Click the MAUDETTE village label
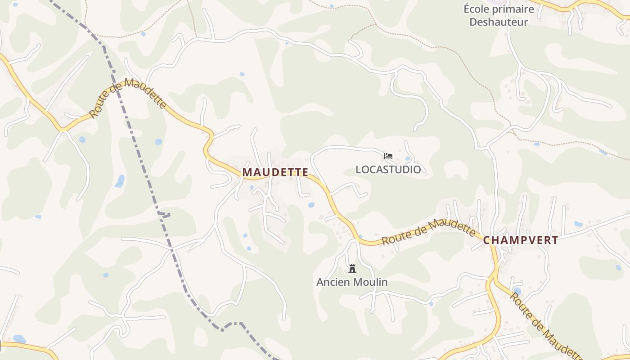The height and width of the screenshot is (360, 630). (275, 172)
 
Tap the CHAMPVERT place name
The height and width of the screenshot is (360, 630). (521, 240)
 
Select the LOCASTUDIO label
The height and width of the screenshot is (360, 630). (388, 170)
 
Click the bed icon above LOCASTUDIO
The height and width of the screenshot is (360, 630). (388, 156)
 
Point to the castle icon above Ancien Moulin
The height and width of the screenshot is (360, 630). (352, 269)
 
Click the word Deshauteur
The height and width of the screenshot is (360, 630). (499, 22)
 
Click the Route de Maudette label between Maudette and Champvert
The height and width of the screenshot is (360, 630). (428, 231)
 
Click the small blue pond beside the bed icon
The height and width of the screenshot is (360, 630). (407, 159)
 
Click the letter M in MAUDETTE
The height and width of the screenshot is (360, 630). (247, 172)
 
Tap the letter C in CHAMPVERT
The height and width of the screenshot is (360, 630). (487, 240)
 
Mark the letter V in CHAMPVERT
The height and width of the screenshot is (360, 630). (527, 240)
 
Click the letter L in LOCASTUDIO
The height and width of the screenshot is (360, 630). (358, 170)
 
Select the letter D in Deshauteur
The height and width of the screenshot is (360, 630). (473, 22)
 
